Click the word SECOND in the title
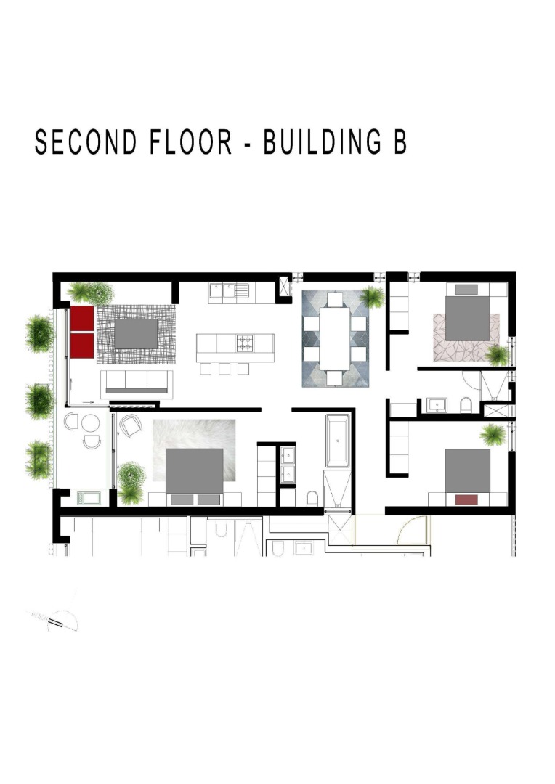pyautogui.click(x=86, y=142)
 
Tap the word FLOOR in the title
pyautogui.click(x=191, y=142)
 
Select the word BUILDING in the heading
pyautogui.click(x=322, y=142)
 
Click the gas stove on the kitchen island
pyautogui.click(x=245, y=343)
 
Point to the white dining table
pyautogui.click(x=335, y=338)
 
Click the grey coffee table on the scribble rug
pyautogui.click(x=136, y=333)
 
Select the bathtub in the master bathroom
pyautogui.click(x=338, y=440)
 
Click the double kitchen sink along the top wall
pyautogui.click(x=229, y=293)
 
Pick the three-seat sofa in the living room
pyautogui.click(x=137, y=384)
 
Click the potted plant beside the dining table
pyautogui.click(x=372, y=298)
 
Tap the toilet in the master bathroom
pyautogui.click(x=312, y=499)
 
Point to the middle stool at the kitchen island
pyautogui.click(x=224, y=369)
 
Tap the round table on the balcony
pyautogui.click(x=91, y=423)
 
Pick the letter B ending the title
pyautogui.click(x=400, y=142)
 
